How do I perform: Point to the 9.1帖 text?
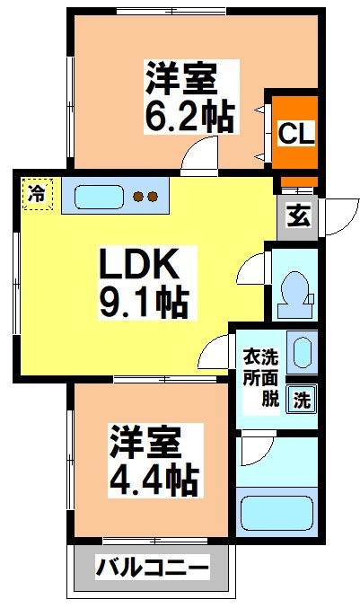pyautogui.click(x=143, y=302)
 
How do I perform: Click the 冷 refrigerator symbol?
pyautogui.click(x=37, y=193)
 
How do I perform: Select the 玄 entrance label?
pyautogui.click(x=297, y=216)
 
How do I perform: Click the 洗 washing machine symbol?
pyautogui.click(x=303, y=401)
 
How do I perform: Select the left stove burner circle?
pyautogui.click(x=137, y=196)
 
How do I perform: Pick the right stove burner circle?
pyautogui.click(x=153, y=196)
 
